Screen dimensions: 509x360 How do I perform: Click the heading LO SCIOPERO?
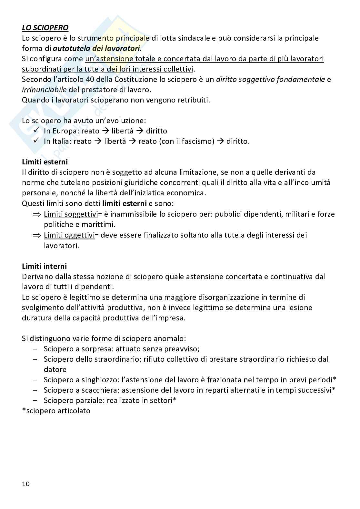point(45,28)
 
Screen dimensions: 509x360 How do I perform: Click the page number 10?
point(26,484)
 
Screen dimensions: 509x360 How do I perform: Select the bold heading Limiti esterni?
point(45,162)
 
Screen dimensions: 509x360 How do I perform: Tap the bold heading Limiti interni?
point(45,266)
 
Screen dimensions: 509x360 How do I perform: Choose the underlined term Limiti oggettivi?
point(69,235)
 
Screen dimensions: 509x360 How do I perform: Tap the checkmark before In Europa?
point(36,131)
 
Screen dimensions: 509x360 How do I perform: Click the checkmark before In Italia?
point(36,141)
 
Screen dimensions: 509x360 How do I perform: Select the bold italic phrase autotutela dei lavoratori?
point(96,49)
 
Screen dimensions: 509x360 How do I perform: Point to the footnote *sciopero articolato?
point(56,411)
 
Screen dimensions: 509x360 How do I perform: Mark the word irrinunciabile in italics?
point(44,90)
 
